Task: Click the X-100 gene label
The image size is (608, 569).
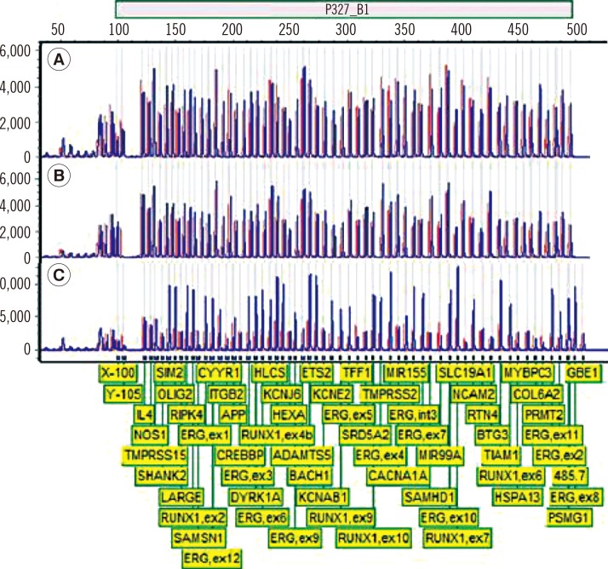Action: pos(118,373)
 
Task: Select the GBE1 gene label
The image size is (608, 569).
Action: pos(559,373)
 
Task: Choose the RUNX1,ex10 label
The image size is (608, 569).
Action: pos(373,537)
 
